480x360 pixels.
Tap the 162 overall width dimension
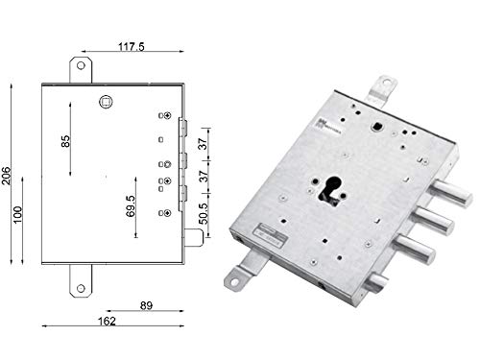tap(107, 322)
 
